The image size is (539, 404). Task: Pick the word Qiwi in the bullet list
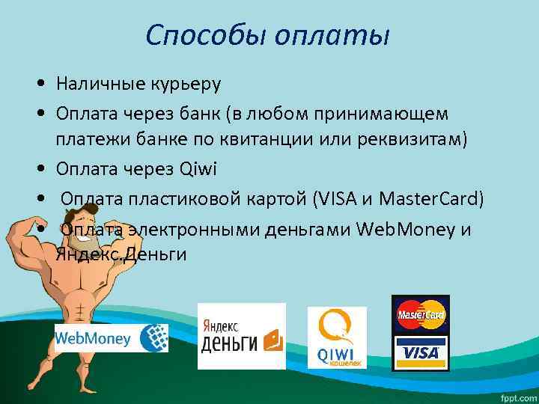[198, 169]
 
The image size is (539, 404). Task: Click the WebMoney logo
[111, 338]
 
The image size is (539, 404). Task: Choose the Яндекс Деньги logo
[241, 335]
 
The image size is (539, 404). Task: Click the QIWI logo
[337, 337]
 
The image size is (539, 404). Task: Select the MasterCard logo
[420, 314]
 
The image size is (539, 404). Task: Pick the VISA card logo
[420, 352]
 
